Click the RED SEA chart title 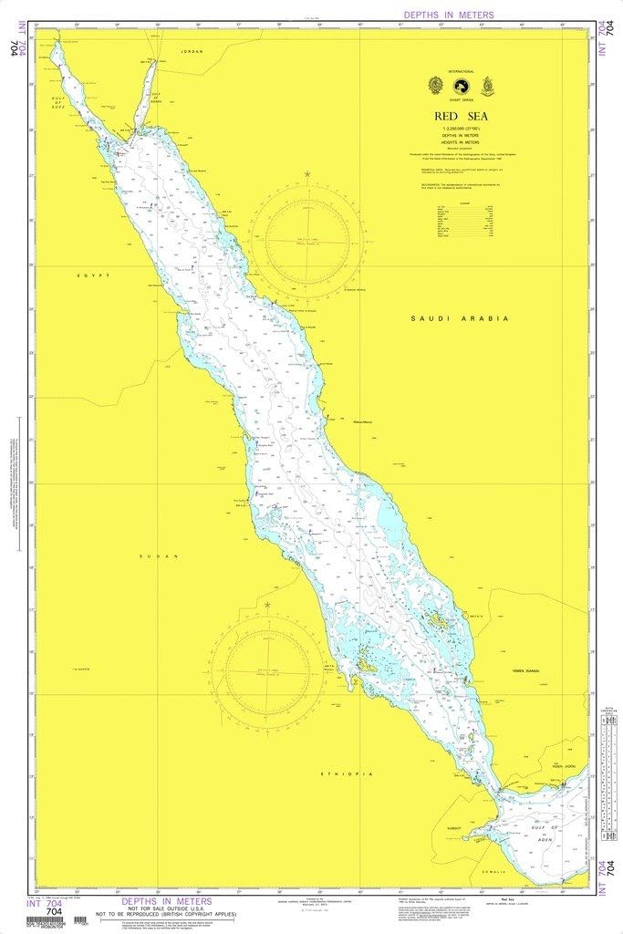(462, 116)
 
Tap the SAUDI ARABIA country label (459, 318)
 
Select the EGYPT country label (93, 275)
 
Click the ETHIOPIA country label (346, 774)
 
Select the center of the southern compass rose (268, 673)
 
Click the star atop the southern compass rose (267, 604)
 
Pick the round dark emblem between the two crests (462, 85)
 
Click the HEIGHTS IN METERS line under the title (462, 144)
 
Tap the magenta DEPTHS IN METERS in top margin (449, 15)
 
